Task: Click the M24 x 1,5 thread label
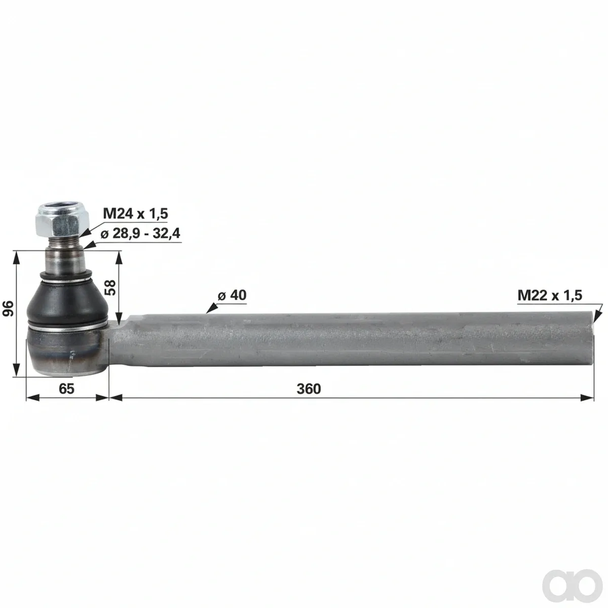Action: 135,214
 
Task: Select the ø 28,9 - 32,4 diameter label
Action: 140,234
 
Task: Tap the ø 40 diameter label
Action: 232,295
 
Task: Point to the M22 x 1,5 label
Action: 550,295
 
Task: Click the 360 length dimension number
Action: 309,389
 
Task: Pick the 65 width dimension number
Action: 66,389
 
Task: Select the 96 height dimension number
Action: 8,308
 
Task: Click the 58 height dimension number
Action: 111,287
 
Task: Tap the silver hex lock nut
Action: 62,220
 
